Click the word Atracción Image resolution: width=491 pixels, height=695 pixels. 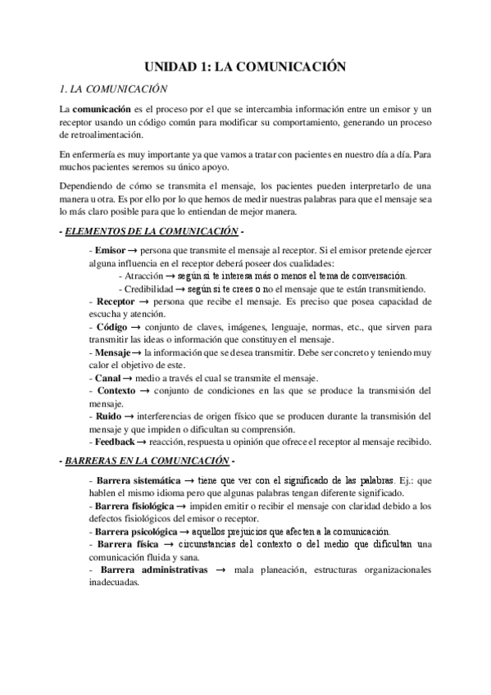(x=147, y=276)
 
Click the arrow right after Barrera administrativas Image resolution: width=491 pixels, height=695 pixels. (x=220, y=570)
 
